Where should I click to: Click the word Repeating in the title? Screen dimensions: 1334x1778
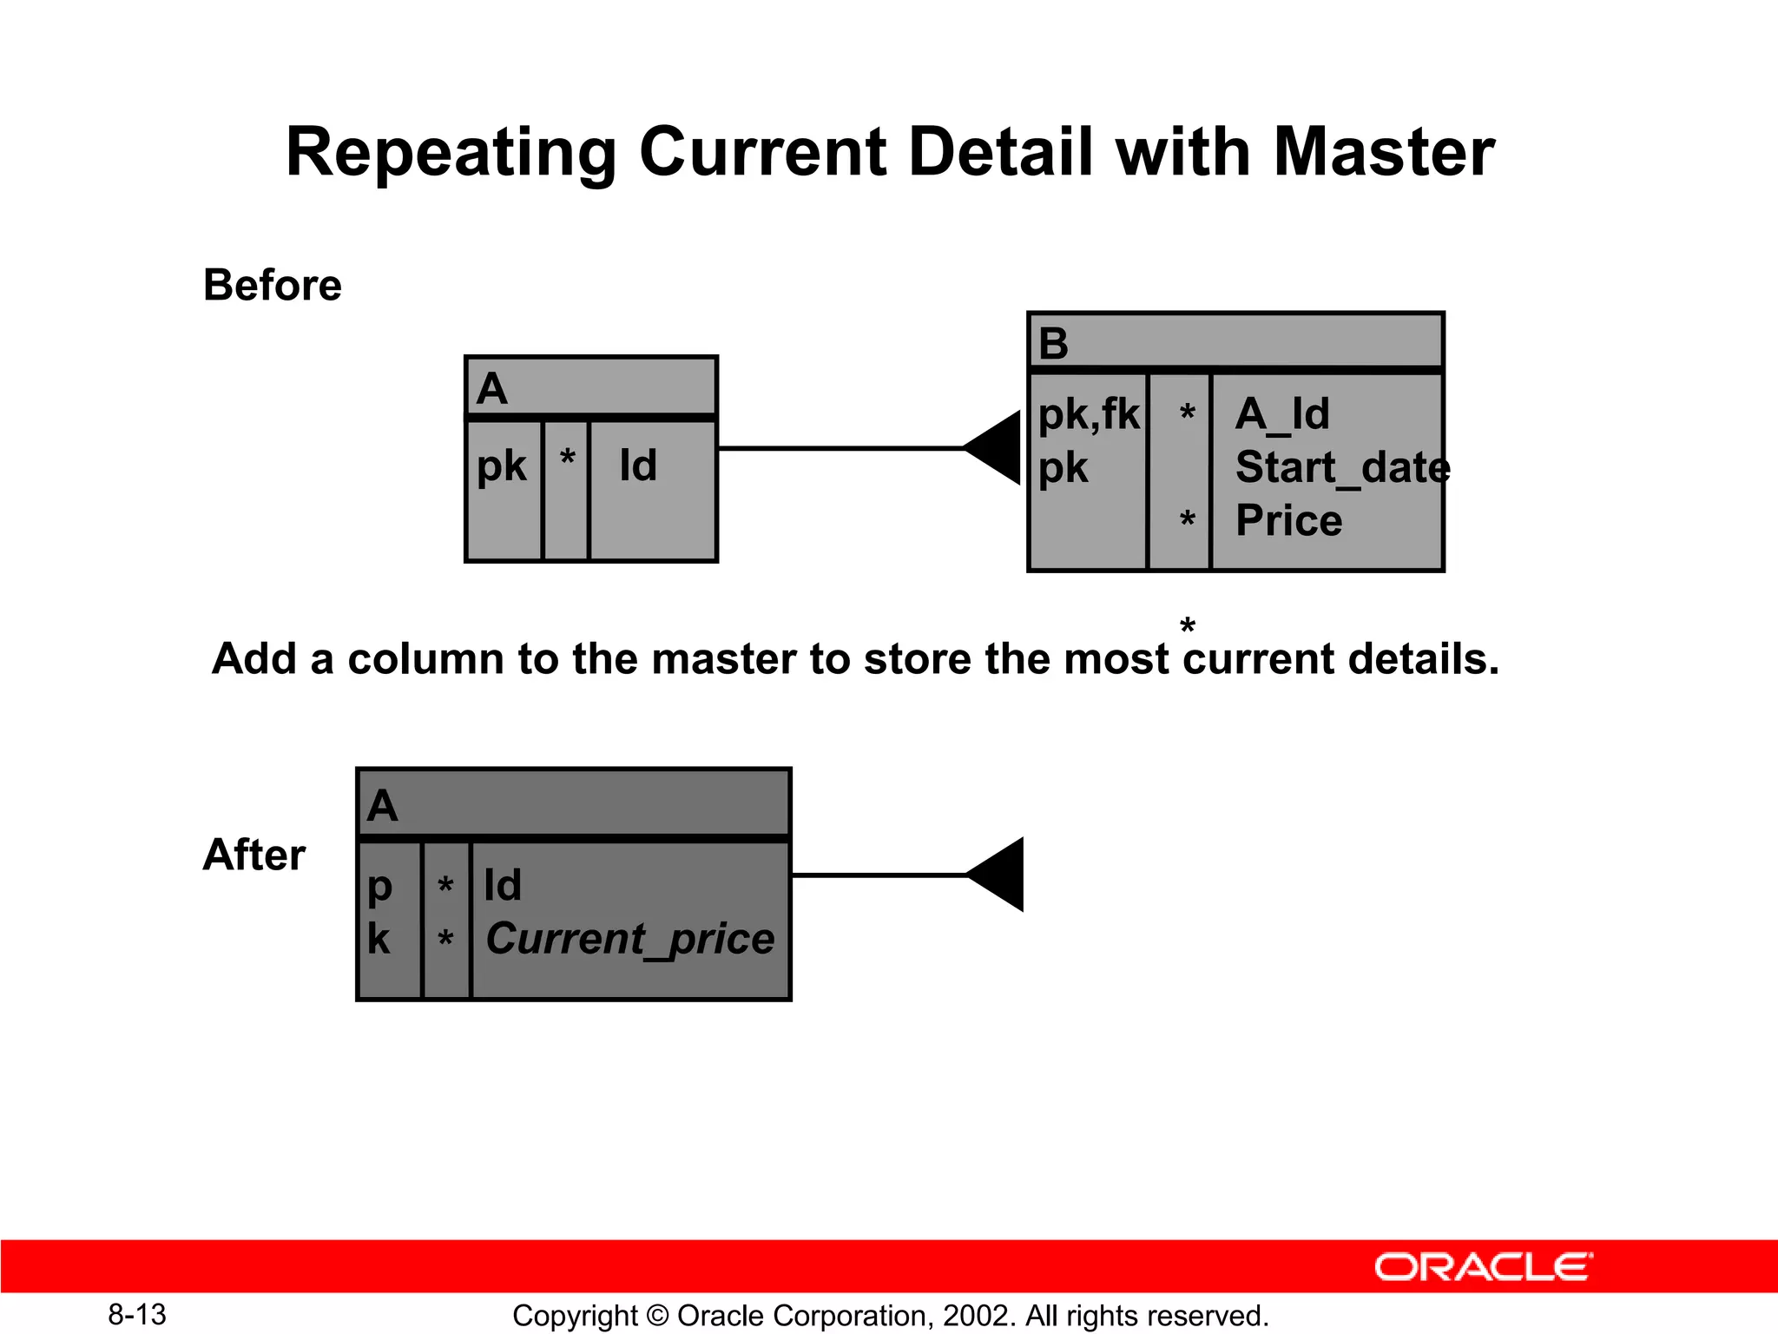[451, 154]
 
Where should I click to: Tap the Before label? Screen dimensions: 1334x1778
[272, 285]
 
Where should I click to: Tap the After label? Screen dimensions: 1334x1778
[254, 855]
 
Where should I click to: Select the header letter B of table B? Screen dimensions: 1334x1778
[1053, 343]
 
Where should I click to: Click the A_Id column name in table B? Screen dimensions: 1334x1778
[1282, 413]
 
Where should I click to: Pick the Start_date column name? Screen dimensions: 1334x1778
[1341, 467]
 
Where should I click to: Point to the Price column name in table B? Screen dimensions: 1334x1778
[1288, 521]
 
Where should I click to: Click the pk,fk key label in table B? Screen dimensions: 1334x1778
[1088, 413]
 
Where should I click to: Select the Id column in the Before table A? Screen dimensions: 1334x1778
[638, 466]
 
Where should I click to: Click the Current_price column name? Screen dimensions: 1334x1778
[629, 939]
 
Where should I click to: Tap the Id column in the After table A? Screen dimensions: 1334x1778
[503, 885]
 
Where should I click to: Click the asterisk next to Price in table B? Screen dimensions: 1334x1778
[1187, 520]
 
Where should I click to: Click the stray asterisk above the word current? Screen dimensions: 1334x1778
[1188, 625]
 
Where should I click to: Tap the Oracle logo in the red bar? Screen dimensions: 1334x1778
[1483, 1267]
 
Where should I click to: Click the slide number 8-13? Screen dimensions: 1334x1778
[137, 1314]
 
